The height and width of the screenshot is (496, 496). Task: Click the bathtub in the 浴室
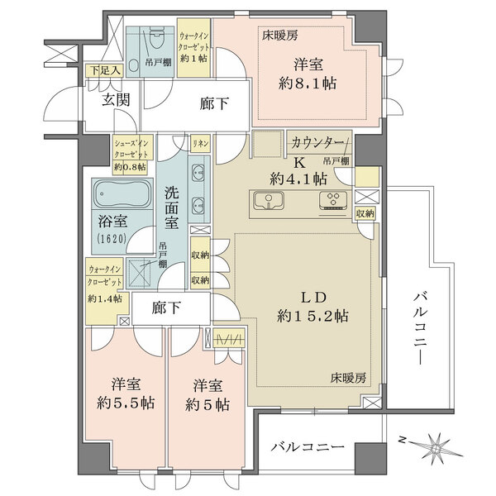(x=122, y=196)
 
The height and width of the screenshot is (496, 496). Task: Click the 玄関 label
(x=116, y=101)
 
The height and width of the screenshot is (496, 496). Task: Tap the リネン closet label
(x=201, y=143)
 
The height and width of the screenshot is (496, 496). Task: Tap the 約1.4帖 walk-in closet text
(x=105, y=298)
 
